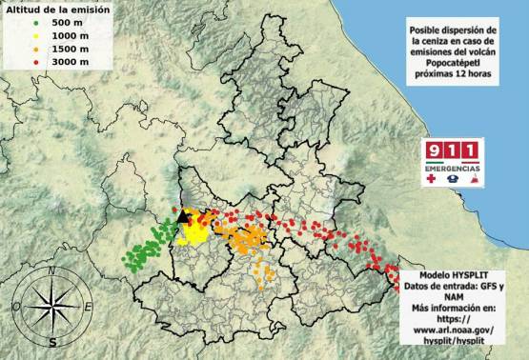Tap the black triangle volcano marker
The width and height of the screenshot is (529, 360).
click(183, 217)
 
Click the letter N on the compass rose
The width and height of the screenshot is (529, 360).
click(51, 271)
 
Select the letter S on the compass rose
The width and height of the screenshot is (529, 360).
click(53, 341)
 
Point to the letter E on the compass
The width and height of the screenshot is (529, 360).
click(89, 307)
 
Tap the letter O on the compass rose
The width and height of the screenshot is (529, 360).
click(16, 307)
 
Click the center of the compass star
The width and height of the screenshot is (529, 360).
click(52, 307)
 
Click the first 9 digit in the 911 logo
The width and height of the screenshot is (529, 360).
click(436, 151)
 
